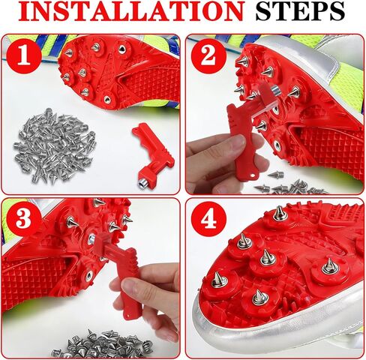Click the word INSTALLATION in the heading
[130, 11]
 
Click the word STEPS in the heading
[300, 11]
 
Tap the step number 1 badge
[24, 56]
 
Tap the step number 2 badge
[208, 56]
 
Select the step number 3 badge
[24, 218]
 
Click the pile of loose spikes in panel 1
[55, 145]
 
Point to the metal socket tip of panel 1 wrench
[142, 184]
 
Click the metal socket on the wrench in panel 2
[276, 91]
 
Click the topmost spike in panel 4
[280, 213]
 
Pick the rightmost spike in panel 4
[330, 265]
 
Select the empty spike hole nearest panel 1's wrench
[107, 100]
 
